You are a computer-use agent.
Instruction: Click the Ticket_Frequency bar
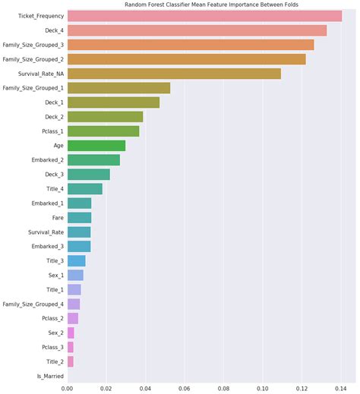(204, 16)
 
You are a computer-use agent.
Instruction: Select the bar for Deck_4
(197, 30)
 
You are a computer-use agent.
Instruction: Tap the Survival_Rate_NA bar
(174, 74)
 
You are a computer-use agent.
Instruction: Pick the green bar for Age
(96, 145)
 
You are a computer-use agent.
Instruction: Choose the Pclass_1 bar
(103, 131)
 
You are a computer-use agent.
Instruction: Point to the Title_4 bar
(85, 188)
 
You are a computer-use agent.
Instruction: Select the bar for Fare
(79, 217)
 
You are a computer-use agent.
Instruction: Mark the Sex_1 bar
(75, 275)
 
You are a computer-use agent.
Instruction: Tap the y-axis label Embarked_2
(47, 160)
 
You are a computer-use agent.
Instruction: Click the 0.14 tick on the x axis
(342, 387)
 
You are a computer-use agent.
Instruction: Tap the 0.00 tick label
(67, 387)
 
